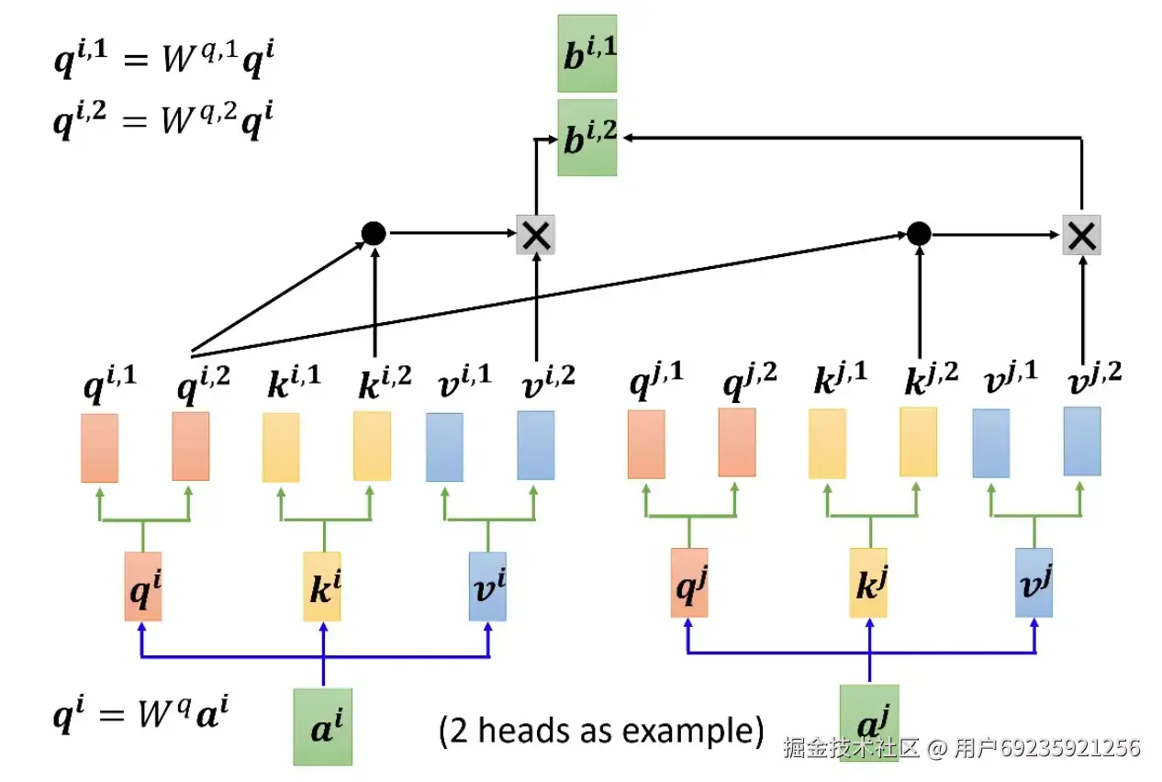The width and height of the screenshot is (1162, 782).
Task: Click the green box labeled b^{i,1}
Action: [587, 53]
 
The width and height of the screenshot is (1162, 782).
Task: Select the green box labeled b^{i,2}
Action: [587, 138]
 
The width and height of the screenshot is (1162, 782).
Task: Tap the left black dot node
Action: [374, 233]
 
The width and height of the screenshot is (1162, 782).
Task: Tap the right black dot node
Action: [919, 233]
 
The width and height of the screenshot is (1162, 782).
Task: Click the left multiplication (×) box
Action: [536, 235]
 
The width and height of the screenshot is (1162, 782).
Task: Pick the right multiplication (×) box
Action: [1081, 235]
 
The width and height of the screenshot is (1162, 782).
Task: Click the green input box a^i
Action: [323, 727]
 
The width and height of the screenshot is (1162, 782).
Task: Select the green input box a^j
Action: [869, 723]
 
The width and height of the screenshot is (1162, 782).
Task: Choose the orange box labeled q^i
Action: [143, 586]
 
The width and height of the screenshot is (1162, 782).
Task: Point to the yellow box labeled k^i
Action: [322, 586]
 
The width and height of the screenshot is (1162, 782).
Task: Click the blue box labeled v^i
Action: [487, 586]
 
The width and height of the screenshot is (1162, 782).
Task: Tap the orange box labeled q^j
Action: [689, 583]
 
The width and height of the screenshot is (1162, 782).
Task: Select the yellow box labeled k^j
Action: [868, 583]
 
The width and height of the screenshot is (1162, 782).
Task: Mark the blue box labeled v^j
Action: [1034, 583]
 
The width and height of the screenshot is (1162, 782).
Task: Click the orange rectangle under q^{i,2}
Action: [191, 446]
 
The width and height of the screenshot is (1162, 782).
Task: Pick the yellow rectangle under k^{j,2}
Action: [918, 442]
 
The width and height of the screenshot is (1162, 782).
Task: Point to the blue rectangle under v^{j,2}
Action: [1082, 441]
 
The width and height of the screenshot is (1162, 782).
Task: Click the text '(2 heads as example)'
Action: [601, 731]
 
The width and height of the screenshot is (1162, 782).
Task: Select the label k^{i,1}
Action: [294, 382]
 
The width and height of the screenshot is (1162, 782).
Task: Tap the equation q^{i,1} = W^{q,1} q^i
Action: [164, 58]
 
